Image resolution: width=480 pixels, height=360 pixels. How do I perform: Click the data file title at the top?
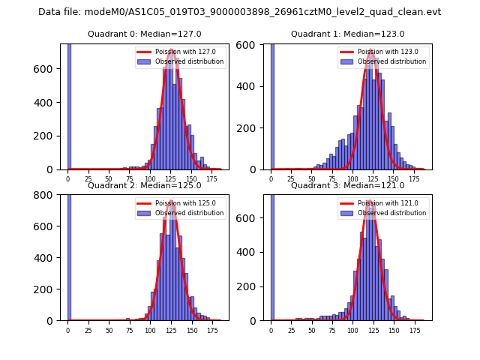pyautogui.click(x=239, y=12)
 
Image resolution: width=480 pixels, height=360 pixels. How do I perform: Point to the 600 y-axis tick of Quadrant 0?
pyautogui.click(x=46, y=69)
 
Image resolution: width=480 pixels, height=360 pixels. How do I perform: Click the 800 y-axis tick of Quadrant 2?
pyautogui.click(x=46, y=195)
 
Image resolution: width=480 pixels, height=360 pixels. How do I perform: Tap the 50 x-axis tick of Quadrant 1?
pyautogui.click(x=313, y=180)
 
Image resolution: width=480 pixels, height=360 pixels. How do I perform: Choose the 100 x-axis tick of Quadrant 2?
pyautogui.click(x=151, y=331)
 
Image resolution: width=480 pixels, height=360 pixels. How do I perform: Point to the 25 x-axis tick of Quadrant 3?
pyautogui.click(x=292, y=331)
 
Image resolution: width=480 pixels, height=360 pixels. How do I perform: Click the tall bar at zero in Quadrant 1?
pyautogui.click(x=272, y=105)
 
